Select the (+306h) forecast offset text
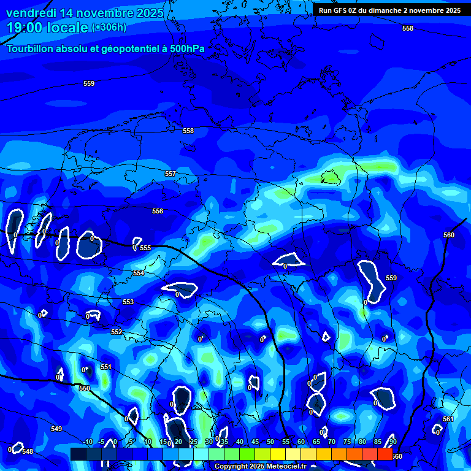coord(109,28)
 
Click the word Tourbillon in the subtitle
coord(32,48)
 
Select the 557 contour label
coord(170,174)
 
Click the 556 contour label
coord(158,211)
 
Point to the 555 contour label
coord(145,248)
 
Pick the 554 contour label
coord(139,273)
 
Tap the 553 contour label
coord(128,302)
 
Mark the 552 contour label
coord(117,332)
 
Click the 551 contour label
coord(106,367)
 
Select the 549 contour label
coord(56,429)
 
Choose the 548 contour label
coord(28,451)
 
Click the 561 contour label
coord(448,419)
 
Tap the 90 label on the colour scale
coord(392,442)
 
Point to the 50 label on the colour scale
coord(270,442)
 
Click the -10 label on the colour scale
coord(88,442)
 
